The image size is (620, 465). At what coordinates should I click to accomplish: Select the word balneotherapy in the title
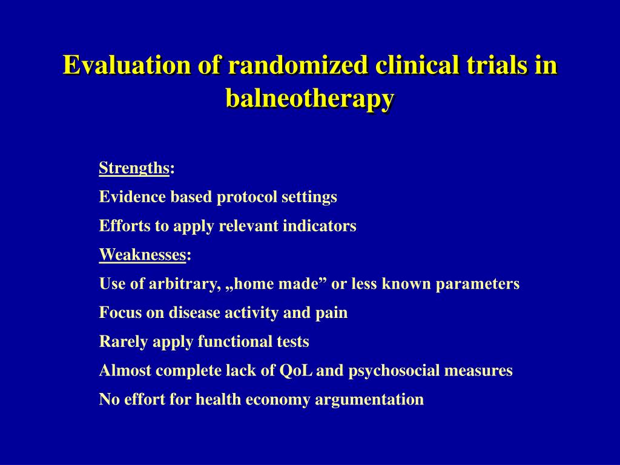click(310, 98)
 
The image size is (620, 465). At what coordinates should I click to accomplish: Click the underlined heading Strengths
click(134, 168)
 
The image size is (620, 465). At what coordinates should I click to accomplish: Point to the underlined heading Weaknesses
click(142, 255)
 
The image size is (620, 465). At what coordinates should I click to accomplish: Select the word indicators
click(320, 226)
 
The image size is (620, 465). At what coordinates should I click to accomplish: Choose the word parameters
click(478, 285)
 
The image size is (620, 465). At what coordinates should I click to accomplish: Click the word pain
click(331, 313)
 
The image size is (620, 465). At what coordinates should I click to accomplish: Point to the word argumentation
click(369, 400)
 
